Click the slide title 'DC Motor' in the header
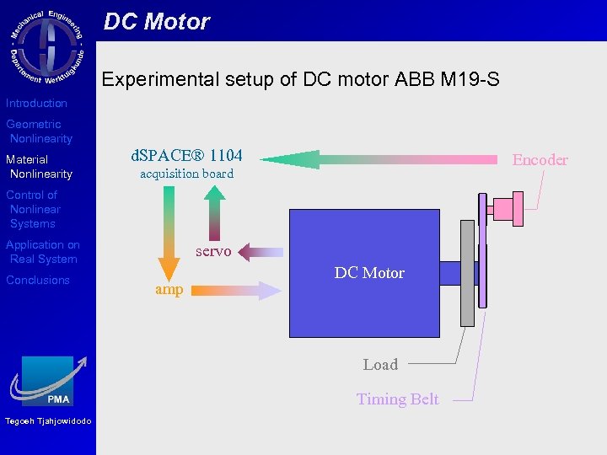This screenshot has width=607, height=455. (157, 22)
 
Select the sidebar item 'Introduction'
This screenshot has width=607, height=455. (36, 103)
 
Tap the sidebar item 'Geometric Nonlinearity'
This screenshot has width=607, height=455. (40, 131)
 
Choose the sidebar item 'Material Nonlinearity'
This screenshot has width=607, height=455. (40, 167)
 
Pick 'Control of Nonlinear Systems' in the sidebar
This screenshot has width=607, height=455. (34, 209)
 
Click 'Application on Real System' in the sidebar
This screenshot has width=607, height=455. (43, 252)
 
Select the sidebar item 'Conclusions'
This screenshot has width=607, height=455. (38, 280)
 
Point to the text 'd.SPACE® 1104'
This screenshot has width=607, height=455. (186, 155)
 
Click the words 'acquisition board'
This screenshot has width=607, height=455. (186, 174)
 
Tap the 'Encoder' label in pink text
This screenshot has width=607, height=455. (540, 159)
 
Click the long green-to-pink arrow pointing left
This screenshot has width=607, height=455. (379, 159)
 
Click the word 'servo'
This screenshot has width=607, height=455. (213, 251)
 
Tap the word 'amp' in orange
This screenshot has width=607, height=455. (169, 289)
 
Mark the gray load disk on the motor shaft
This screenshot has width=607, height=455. (467, 273)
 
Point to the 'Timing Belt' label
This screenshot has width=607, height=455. (397, 399)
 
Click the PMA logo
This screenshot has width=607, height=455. (48, 381)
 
